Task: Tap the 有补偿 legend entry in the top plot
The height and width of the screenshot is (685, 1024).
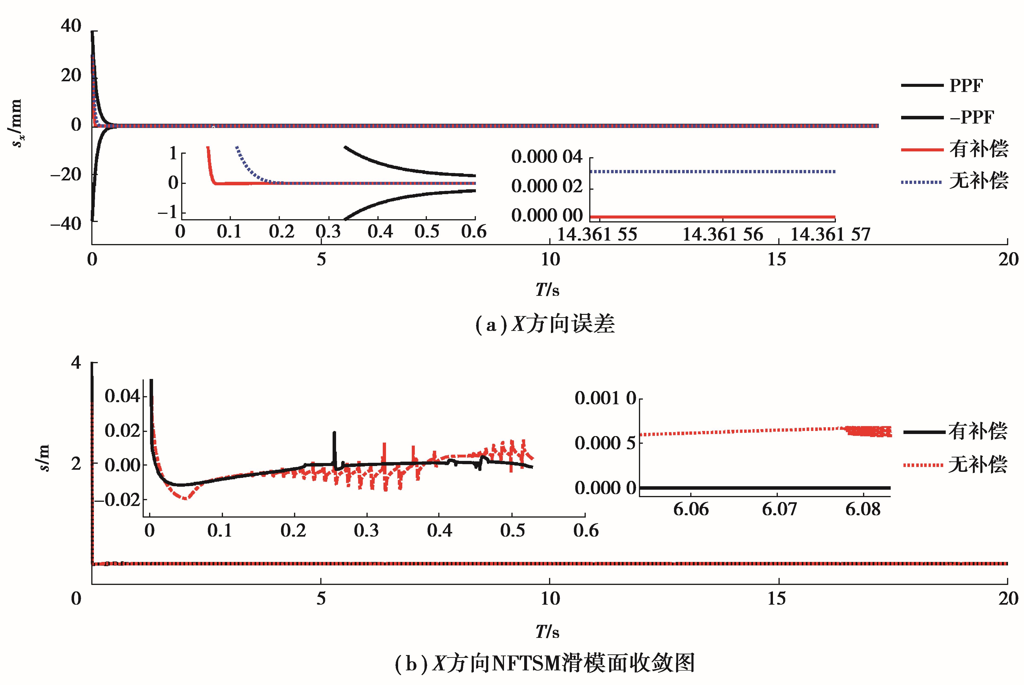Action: (x=978, y=149)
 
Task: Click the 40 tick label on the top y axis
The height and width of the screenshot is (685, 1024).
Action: (x=71, y=26)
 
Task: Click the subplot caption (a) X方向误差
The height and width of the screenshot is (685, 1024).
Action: (x=545, y=324)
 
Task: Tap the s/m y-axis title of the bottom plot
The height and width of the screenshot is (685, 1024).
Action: (x=44, y=458)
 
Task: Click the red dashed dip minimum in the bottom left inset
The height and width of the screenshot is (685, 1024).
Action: (x=185, y=498)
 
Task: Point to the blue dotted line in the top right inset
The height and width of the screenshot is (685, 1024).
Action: (x=712, y=172)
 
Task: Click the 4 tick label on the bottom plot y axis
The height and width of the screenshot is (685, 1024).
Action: (x=76, y=363)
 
